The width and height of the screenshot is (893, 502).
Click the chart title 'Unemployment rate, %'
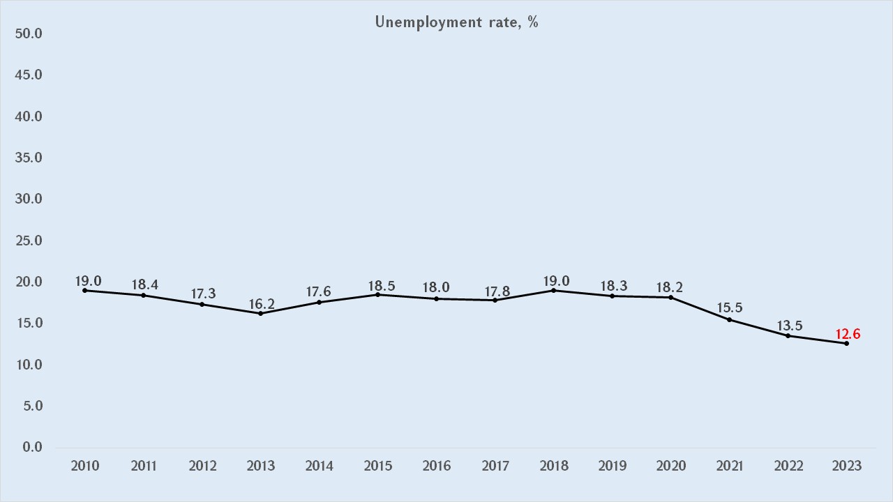pos(456,22)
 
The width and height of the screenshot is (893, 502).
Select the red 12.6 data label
pos(848,334)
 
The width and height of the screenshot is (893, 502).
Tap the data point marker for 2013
pos(260,313)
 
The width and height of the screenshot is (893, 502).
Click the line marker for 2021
pos(730,319)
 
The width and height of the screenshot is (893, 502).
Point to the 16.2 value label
pos(260,304)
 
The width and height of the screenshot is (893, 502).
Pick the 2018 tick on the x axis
pos(553,466)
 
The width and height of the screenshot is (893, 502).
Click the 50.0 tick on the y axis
pos(29,33)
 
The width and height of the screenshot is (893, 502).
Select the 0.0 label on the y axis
pos(32,447)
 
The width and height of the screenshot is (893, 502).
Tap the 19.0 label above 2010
pos(89,281)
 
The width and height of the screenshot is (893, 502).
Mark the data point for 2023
pos(847,343)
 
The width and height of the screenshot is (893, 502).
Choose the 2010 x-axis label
pos(84,466)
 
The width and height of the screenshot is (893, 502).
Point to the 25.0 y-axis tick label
pos(29,241)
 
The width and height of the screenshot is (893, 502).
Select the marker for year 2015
pos(377,294)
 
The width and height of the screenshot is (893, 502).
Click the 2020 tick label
pos(671,466)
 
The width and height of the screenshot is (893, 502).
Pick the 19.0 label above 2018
pos(556,281)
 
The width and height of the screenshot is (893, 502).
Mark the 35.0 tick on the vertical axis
pos(29,158)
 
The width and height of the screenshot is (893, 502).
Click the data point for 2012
pos(202,304)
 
